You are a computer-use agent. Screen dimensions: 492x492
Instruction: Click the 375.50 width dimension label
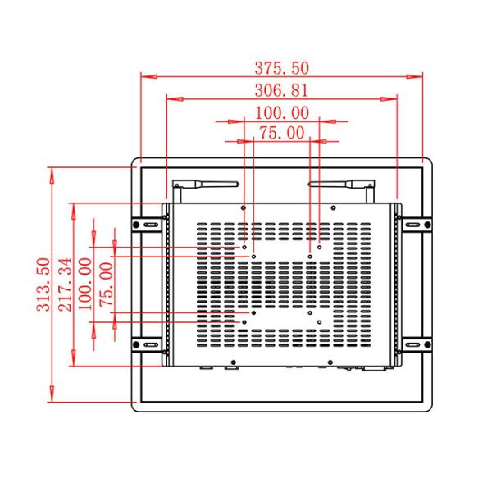283,67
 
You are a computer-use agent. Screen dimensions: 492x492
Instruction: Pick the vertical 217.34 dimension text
65,284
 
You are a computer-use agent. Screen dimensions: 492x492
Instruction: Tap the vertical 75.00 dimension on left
106,284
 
